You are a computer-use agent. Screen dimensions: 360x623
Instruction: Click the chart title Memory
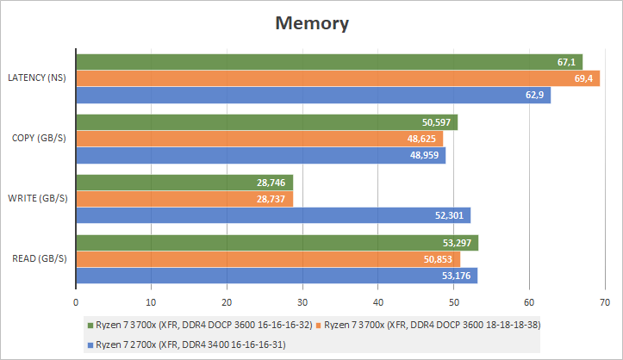(311, 23)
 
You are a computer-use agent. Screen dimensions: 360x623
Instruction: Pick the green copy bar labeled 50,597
(267, 122)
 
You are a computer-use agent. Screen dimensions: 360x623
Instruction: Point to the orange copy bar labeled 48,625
(259, 139)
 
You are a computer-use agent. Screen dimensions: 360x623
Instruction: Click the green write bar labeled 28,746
(184, 183)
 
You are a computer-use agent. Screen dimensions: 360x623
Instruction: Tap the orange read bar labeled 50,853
(268, 259)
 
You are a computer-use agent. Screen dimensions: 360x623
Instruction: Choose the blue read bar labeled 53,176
(277, 276)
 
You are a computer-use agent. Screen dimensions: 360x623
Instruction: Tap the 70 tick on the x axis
(604, 302)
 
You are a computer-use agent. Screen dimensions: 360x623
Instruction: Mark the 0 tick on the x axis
(77, 302)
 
